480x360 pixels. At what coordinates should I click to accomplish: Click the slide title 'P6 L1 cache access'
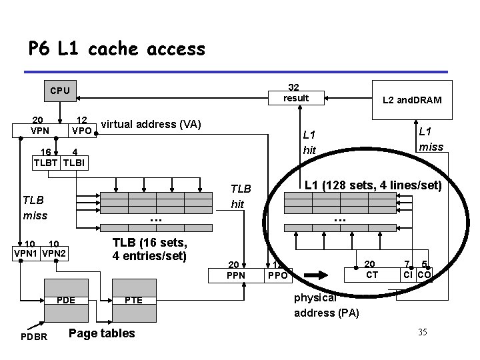(x=117, y=49)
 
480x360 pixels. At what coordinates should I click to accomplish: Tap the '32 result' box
(x=296, y=93)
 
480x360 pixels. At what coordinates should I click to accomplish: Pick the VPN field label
(x=41, y=130)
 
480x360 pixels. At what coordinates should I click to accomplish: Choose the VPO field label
(x=82, y=130)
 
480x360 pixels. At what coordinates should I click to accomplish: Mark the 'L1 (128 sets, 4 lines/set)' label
(x=373, y=185)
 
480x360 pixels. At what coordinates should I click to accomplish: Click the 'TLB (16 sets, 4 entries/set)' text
(x=149, y=248)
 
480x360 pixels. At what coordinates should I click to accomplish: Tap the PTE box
(x=133, y=301)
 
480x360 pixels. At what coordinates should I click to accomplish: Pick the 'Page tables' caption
(x=102, y=333)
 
